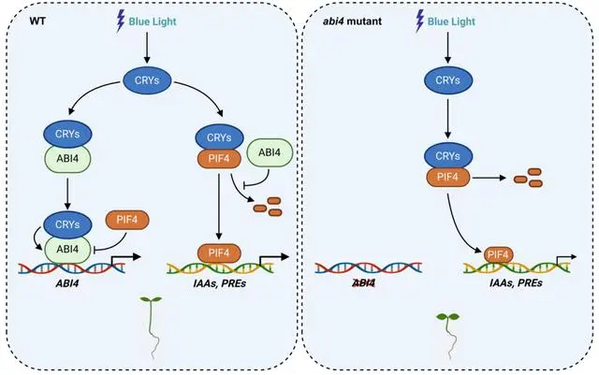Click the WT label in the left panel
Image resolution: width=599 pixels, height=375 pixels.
[37, 21]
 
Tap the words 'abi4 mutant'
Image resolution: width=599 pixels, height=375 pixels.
[352, 21]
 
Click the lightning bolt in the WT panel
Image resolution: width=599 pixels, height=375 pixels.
[121, 21]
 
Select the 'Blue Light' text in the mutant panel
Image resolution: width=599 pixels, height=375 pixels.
[451, 22]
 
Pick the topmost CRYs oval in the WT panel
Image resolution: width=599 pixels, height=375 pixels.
[147, 80]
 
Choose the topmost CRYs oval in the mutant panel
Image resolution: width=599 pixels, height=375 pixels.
[448, 80]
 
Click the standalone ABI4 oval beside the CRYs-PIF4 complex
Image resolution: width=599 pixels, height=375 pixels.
[270, 152]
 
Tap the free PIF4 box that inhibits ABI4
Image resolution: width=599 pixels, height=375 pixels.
[127, 220]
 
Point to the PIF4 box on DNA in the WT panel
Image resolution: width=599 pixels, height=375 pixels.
[219, 253]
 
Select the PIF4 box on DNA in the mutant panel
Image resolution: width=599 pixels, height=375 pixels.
[498, 254]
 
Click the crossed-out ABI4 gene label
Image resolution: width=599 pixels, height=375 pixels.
[364, 283]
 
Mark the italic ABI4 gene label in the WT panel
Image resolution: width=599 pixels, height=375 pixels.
[67, 283]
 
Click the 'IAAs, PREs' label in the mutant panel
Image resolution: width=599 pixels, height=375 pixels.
[516, 283]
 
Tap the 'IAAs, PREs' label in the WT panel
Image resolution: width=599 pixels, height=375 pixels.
[220, 283]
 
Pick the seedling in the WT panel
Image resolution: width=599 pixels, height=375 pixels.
[152, 327]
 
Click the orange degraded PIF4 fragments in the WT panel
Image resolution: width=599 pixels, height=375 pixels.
[269, 207]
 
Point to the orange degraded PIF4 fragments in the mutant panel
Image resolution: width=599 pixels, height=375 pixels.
[528, 178]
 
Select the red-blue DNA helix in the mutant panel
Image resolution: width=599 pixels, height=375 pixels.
[368, 267]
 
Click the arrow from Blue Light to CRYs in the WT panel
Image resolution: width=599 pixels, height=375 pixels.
[147, 48]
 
